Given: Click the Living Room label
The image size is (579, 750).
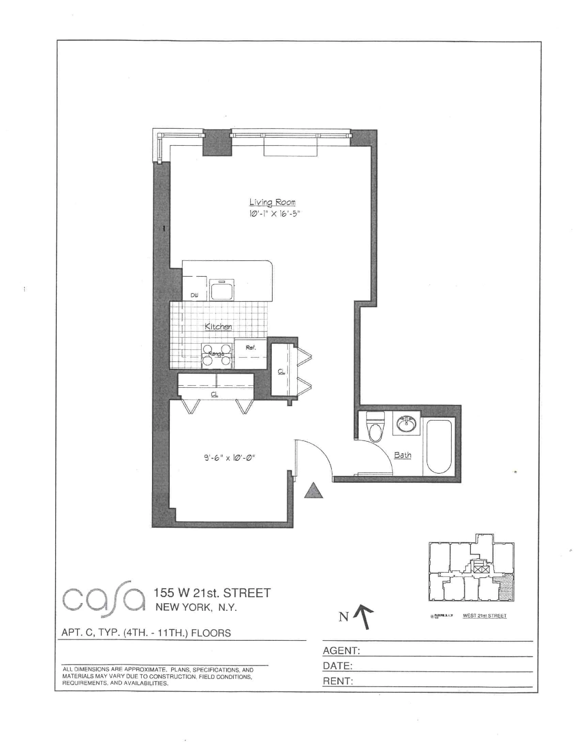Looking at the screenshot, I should coord(272,202).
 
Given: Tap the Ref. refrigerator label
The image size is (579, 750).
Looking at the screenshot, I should coord(251,347).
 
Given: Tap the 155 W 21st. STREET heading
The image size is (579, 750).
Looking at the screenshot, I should coord(212,593).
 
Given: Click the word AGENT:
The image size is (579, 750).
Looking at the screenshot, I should coord(341,650).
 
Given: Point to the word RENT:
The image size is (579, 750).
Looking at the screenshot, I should coord(338,681).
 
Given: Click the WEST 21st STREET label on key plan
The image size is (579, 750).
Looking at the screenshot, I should coord(484,616).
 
